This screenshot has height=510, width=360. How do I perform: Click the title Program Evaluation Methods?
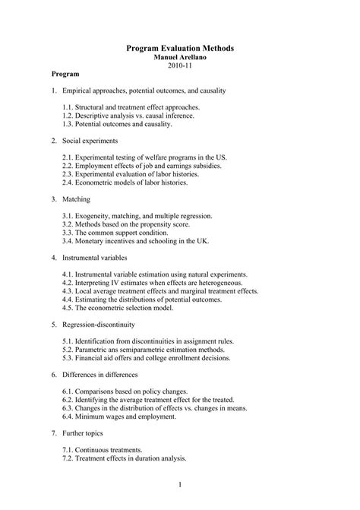point(179,48)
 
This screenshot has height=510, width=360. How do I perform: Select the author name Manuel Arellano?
point(179,57)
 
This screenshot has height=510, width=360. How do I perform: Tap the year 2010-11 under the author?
point(179,65)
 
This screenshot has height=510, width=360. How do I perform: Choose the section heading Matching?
point(77,199)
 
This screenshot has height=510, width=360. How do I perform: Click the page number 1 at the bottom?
point(180,484)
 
